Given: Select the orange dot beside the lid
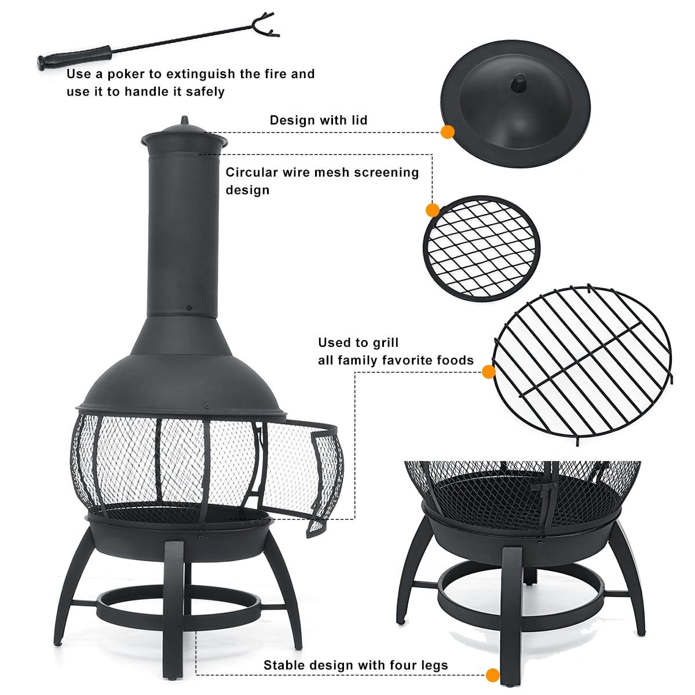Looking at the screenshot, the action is coord(448,133).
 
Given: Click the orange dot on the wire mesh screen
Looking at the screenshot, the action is coord(433,210).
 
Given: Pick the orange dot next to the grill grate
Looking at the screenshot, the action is coord(488,372).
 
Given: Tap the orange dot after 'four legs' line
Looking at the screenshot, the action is coord(493,675).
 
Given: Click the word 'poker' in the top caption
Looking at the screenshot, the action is coord(127,75).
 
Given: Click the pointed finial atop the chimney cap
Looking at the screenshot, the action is coord(185,120).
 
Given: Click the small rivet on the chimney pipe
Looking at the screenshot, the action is coord(189,308).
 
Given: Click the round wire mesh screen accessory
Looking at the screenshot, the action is coord(481,248).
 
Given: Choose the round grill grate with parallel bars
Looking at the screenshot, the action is coord(582,365).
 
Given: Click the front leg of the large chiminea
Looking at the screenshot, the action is coord(174,609).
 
